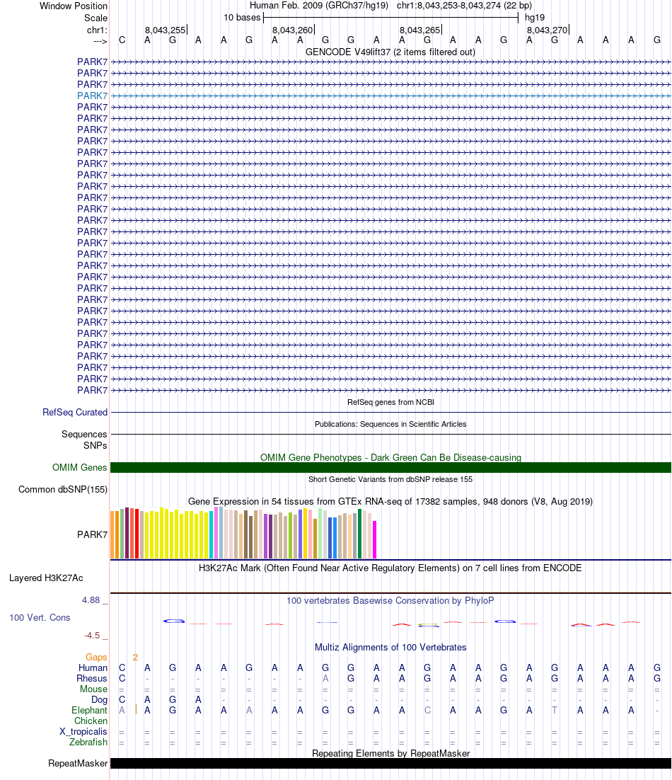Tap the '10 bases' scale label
click(x=242, y=17)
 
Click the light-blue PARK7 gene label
click(x=92, y=96)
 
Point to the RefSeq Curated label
click(x=75, y=412)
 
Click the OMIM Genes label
click(x=80, y=467)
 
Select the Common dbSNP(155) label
click(x=63, y=489)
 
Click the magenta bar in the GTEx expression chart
click(x=375, y=540)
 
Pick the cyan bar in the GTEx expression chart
click(x=212, y=534)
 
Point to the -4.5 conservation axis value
click(x=91, y=636)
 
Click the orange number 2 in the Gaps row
click(x=135, y=657)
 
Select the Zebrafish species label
click(x=88, y=742)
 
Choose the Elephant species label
click(x=89, y=710)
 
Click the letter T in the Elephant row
click(x=555, y=710)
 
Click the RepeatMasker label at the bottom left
click(x=78, y=763)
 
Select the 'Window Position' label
click(x=74, y=6)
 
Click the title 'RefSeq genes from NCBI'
click(x=390, y=402)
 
